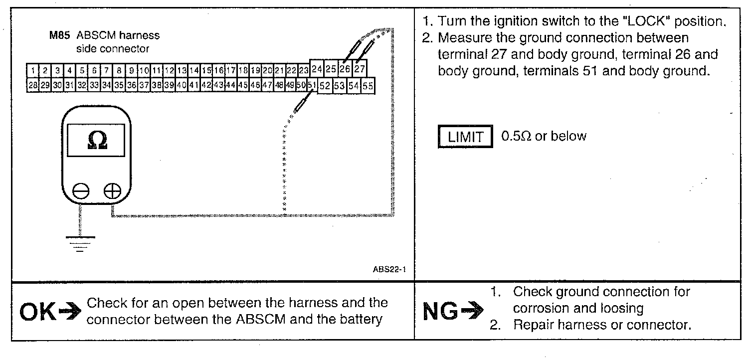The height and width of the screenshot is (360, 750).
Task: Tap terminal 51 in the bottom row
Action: (x=312, y=85)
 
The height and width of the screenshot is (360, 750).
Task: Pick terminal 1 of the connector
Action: (x=33, y=71)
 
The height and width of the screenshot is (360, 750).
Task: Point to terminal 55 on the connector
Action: (x=368, y=86)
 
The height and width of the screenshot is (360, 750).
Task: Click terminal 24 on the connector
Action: (x=317, y=68)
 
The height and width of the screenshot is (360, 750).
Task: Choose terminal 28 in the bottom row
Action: (x=33, y=85)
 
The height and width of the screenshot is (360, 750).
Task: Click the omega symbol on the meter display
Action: (x=97, y=141)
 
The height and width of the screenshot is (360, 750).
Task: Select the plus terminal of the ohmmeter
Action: (x=113, y=190)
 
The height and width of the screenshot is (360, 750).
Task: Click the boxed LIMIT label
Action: (x=465, y=137)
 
